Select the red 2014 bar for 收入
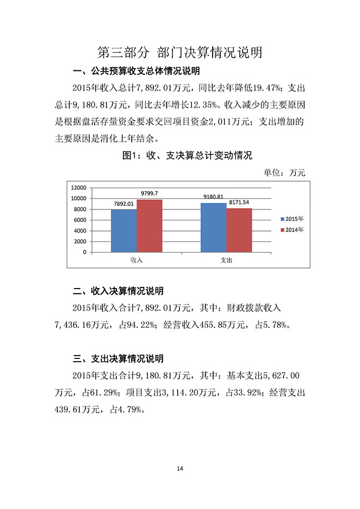tap(150, 226)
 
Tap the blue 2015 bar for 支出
tap(213, 228)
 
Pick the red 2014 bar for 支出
tap(239, 230)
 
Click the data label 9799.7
tap(150, 193)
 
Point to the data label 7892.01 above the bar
tap(124, 204)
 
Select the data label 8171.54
tap(239, 202)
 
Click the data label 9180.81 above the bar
tap(213, 197)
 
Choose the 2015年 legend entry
tap(292, 219)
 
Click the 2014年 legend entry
tap(292, 229)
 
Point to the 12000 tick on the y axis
tap(79, 187)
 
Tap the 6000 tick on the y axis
tap(81, 220)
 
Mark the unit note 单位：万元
tap(285, 172)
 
